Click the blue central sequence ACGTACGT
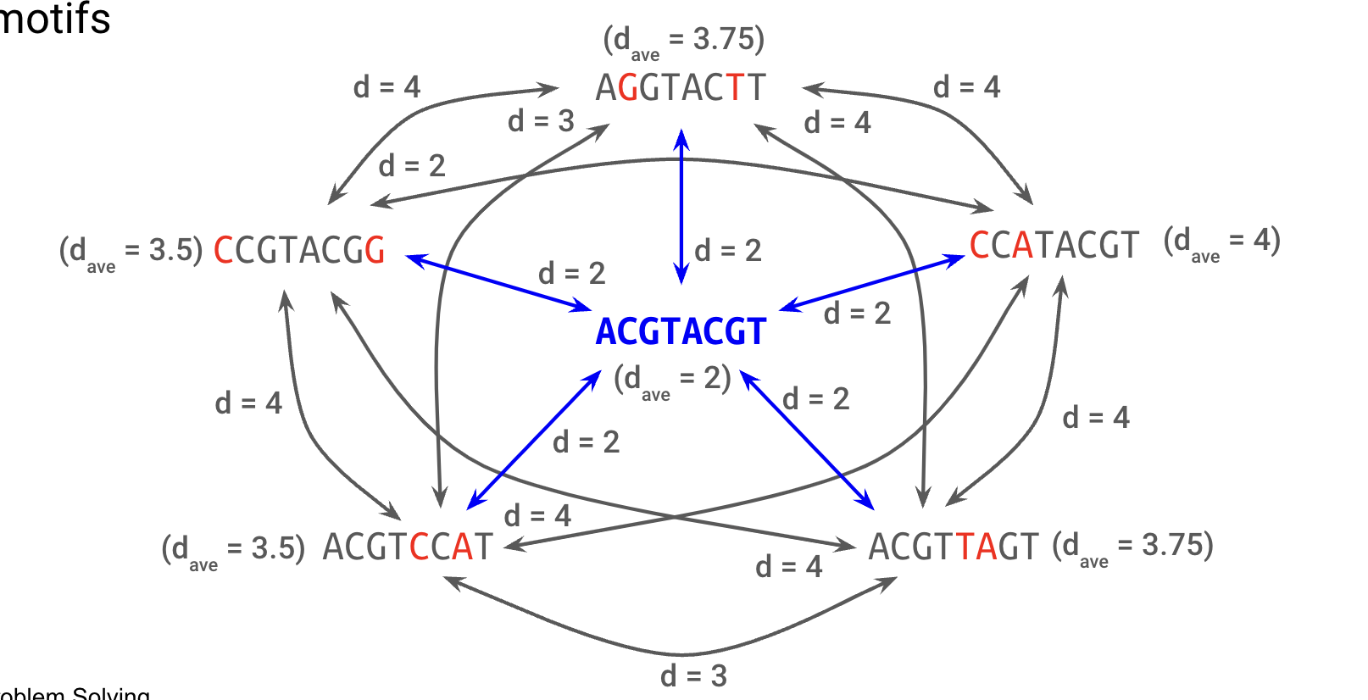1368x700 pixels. [x=681, y=331]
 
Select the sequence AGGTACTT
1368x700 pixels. [x=681, y=88]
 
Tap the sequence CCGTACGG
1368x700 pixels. [x=299, y=251]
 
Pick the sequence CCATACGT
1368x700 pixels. [x=1054, y=246]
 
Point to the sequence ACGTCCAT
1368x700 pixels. [x=408, y=547]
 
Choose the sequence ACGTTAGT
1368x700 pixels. [x=954, y=547]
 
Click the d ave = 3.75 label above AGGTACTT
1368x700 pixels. [x=683, y=42]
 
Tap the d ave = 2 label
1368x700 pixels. [x=672, y=381]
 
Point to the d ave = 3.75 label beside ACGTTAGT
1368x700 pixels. [x=1132, y=547]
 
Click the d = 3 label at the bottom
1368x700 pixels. [x=693, y=676]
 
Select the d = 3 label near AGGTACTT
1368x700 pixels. [x=541, y=121]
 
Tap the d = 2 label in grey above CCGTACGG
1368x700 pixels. [x=412, y=165]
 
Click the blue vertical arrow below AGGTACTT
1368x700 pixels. [x=681, y=203]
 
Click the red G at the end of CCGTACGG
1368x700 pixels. [x=375, y=251]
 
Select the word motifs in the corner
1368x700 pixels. [x=54, y=19]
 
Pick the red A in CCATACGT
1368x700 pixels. [x=1022, y=246]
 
